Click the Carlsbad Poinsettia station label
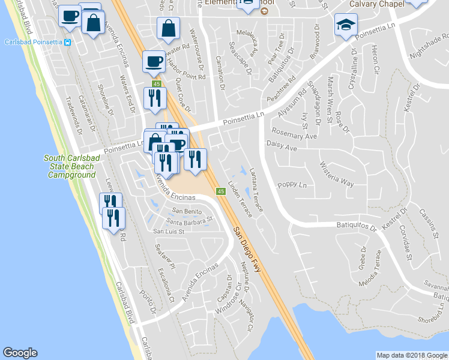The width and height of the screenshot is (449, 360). [x=34, y=42]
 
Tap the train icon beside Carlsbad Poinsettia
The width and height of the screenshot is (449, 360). [x=68, y=42]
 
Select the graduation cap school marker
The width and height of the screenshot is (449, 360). [x=345, y=25]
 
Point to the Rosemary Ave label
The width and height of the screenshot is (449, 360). [x=294, y=136]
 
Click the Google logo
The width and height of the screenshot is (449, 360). [x=20, y=353]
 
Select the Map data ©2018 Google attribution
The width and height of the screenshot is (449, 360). [x=412, y=355]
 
